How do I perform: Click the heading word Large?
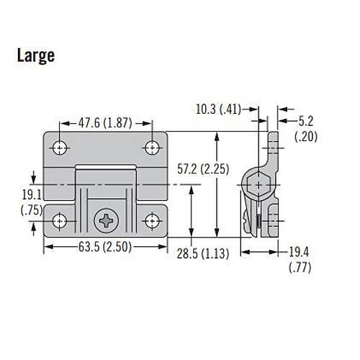point(36,56)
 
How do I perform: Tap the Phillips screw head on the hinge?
point(106,221)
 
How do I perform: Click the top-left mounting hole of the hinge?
point(60,148)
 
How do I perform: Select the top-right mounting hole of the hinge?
point(152,148)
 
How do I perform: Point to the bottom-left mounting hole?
point(60,221)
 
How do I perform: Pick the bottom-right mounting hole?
point(152,221)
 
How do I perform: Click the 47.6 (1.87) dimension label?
point(105,123)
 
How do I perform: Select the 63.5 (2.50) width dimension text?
point(105,247)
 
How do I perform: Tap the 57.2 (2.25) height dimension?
point(203,169)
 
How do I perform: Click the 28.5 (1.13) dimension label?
point(203,253)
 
